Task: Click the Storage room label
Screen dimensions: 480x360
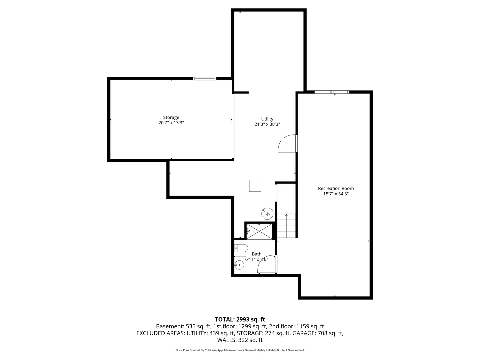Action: [171, 117]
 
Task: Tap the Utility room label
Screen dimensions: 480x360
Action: [267, 119]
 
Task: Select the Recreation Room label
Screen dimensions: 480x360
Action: [336, 188]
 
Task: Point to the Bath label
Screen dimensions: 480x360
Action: [257, 254]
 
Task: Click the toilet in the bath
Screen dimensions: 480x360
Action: [241, 248]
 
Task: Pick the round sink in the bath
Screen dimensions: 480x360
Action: [239, 265]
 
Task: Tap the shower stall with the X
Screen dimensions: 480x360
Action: [259, 232]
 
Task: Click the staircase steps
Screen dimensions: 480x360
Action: [286, 226]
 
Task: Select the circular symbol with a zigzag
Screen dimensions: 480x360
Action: [267, 214]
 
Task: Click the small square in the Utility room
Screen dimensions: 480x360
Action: [255, 186]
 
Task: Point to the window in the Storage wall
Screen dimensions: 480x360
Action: [205, 79]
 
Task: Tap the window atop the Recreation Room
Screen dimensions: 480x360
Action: [332, 92]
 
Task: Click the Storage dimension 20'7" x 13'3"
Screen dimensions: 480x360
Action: [171, 123]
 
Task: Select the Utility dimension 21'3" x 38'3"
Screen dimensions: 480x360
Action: [267, 124]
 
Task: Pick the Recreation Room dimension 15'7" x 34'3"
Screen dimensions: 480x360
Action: [336, 194]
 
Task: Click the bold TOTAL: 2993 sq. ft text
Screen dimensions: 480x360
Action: [240, 320]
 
